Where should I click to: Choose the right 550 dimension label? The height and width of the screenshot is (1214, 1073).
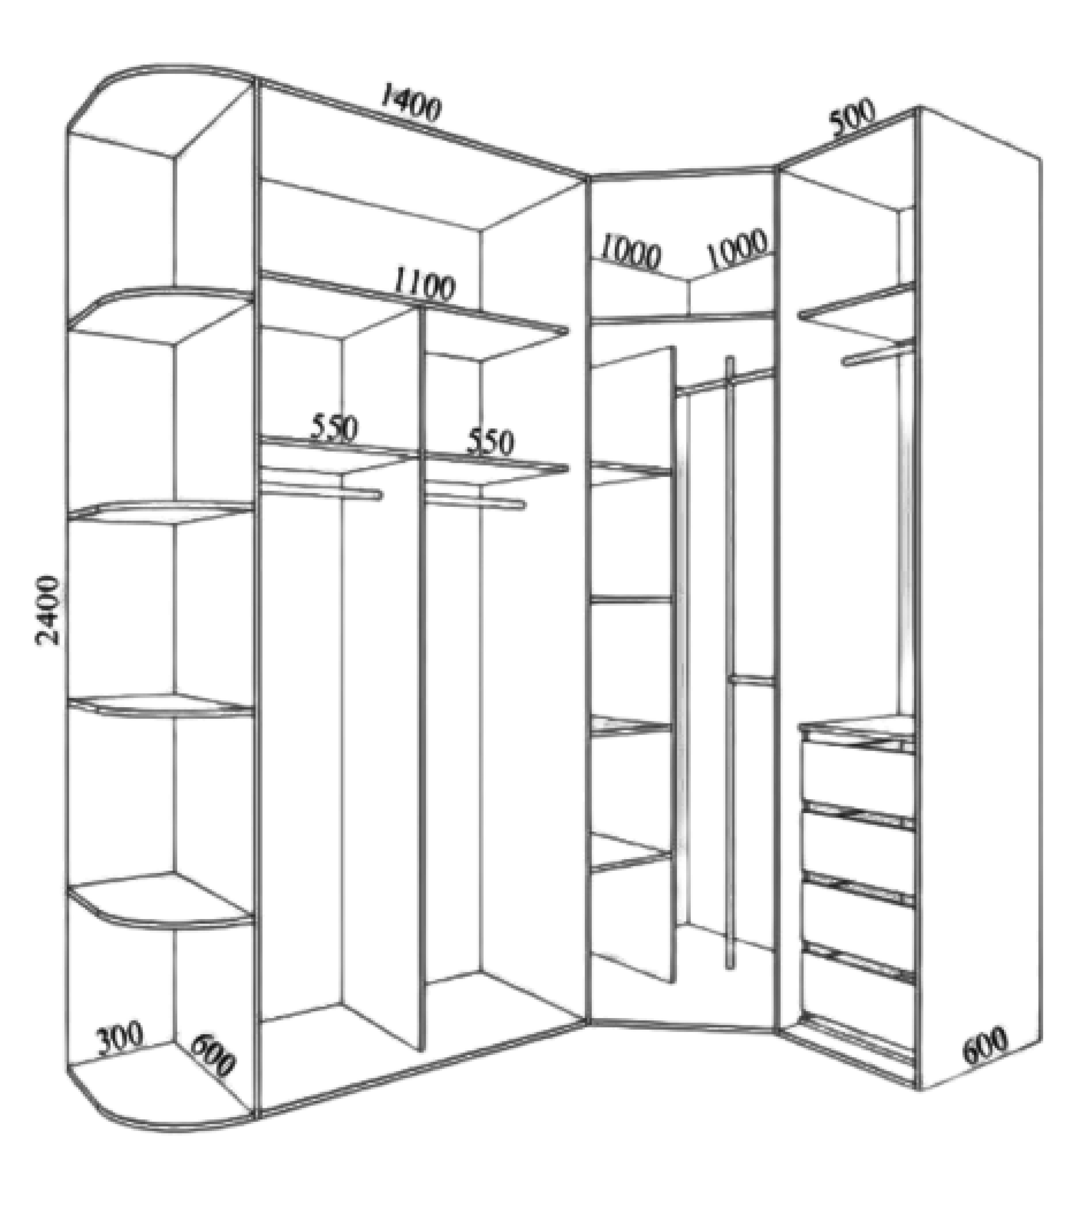[490, 441]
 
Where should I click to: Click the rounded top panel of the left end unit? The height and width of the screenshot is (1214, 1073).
[160, 101]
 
